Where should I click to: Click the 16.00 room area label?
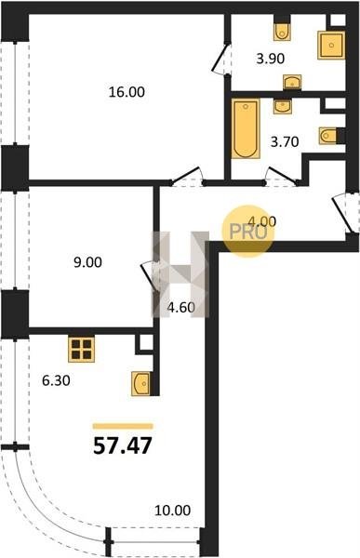click(x=127, y=92)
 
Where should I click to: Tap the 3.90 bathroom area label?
click(x=271, y=59)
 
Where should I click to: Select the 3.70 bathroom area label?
click(x=285, y=142)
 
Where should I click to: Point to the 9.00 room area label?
click(x=87, y=262)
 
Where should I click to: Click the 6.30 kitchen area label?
click(x=56, y=381)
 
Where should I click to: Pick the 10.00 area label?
click(x=173, y=511)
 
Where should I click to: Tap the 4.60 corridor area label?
click(x=181, y=307)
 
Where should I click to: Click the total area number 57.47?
click(x=123, y=445)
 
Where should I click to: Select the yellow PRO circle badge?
click(x=248, y=232)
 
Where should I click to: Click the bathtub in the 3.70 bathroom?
click(x=246, y=128)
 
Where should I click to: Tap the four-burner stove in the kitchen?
click(x=81, y=350)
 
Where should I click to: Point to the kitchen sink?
click(x=140, y=383)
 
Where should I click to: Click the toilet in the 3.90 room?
click(x=282, y=32)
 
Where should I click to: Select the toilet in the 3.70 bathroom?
click(x=328, y=136)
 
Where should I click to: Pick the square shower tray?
click(x=331, y=46)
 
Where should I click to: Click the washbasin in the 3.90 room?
click(x=292, y=82)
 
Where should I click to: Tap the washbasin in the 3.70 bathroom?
click(x=283, y=106)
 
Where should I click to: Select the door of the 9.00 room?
click(x=149, y=277)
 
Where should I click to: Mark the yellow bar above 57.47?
click(x=123, y=426)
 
